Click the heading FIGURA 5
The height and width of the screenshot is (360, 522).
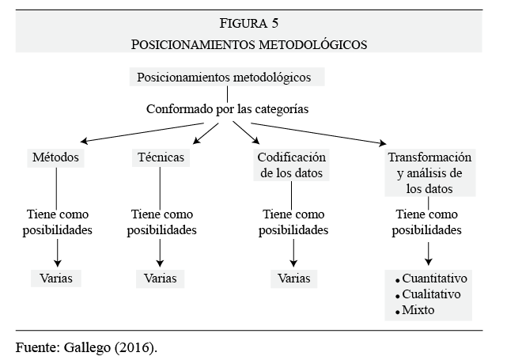click(x=248, y=23)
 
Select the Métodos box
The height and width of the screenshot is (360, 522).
click(x=55, y=157)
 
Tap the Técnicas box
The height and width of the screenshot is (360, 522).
click(x=161, y=157)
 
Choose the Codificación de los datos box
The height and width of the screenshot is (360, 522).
click(x=291, y=165)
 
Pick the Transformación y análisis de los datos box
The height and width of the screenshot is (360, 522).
click(x=429, y=172)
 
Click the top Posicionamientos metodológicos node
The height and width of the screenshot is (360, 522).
click(x=227, y=78)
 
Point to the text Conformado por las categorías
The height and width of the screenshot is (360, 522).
click(x=227, y=109)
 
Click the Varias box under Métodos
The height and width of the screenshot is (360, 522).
click(x=56, y=279)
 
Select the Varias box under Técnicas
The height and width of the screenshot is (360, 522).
click(x=160, y=279)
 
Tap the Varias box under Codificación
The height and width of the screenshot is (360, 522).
click(x=294, y=279)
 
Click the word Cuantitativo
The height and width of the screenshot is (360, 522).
click(x=434, y=279)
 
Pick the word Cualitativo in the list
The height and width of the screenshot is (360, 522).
click(x=431, y=294)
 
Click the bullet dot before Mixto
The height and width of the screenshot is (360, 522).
click(x=398, y=313)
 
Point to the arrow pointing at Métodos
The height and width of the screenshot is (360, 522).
click(x=142, y=133)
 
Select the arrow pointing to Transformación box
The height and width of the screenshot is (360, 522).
click(x=319, y=134)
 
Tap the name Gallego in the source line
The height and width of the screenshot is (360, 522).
click(x=87, y=348)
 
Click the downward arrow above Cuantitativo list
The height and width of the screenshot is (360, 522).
click(x=429, y=254)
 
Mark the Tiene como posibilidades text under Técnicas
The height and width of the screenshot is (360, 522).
click(x=162, y=222)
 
